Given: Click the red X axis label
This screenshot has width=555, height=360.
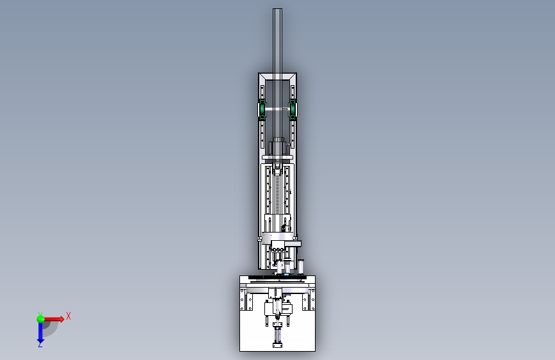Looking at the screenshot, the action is click(68, 316).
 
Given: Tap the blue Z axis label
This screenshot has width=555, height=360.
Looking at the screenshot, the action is click(40, 345).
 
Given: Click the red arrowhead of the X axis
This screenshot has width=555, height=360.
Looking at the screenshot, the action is click(61, 319).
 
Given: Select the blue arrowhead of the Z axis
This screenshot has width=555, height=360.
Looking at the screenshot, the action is click(40, 341).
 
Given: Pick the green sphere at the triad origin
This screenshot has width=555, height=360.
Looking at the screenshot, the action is click(40, 319).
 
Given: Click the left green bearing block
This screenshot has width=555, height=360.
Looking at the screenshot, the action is click(262, 110).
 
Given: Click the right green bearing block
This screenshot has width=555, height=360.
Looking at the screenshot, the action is click(293, 110).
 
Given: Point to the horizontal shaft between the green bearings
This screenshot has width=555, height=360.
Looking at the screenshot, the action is click(278, 109).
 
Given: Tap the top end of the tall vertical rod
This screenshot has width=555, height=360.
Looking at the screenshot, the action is click(278, 9).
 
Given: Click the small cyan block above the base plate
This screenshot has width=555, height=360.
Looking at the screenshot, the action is click(286, 274).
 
